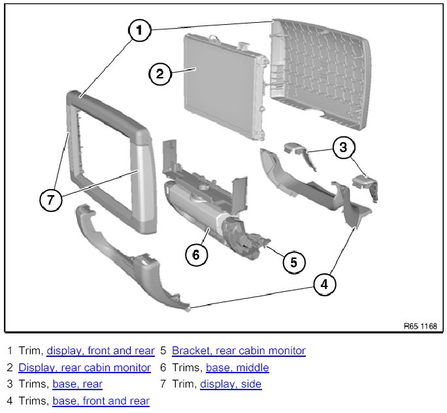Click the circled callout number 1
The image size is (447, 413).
coord(139,31)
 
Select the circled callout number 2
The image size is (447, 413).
coord(159,74)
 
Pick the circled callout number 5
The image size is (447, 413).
coord(293,262)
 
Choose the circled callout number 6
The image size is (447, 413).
coord(195,255)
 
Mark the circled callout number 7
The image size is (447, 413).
coord(51,200)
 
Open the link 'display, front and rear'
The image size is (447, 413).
coord(101,351)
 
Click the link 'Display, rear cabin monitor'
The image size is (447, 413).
coord(84,367)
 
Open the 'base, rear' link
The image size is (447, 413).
coord(77,384)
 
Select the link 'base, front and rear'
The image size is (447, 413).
coord(101,401)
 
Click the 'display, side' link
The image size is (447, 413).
coord(231,384)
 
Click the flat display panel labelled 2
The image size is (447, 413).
coord(216,85)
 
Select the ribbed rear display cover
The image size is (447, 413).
coord(320,72)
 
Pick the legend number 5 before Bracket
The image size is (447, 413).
coord(163,351)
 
